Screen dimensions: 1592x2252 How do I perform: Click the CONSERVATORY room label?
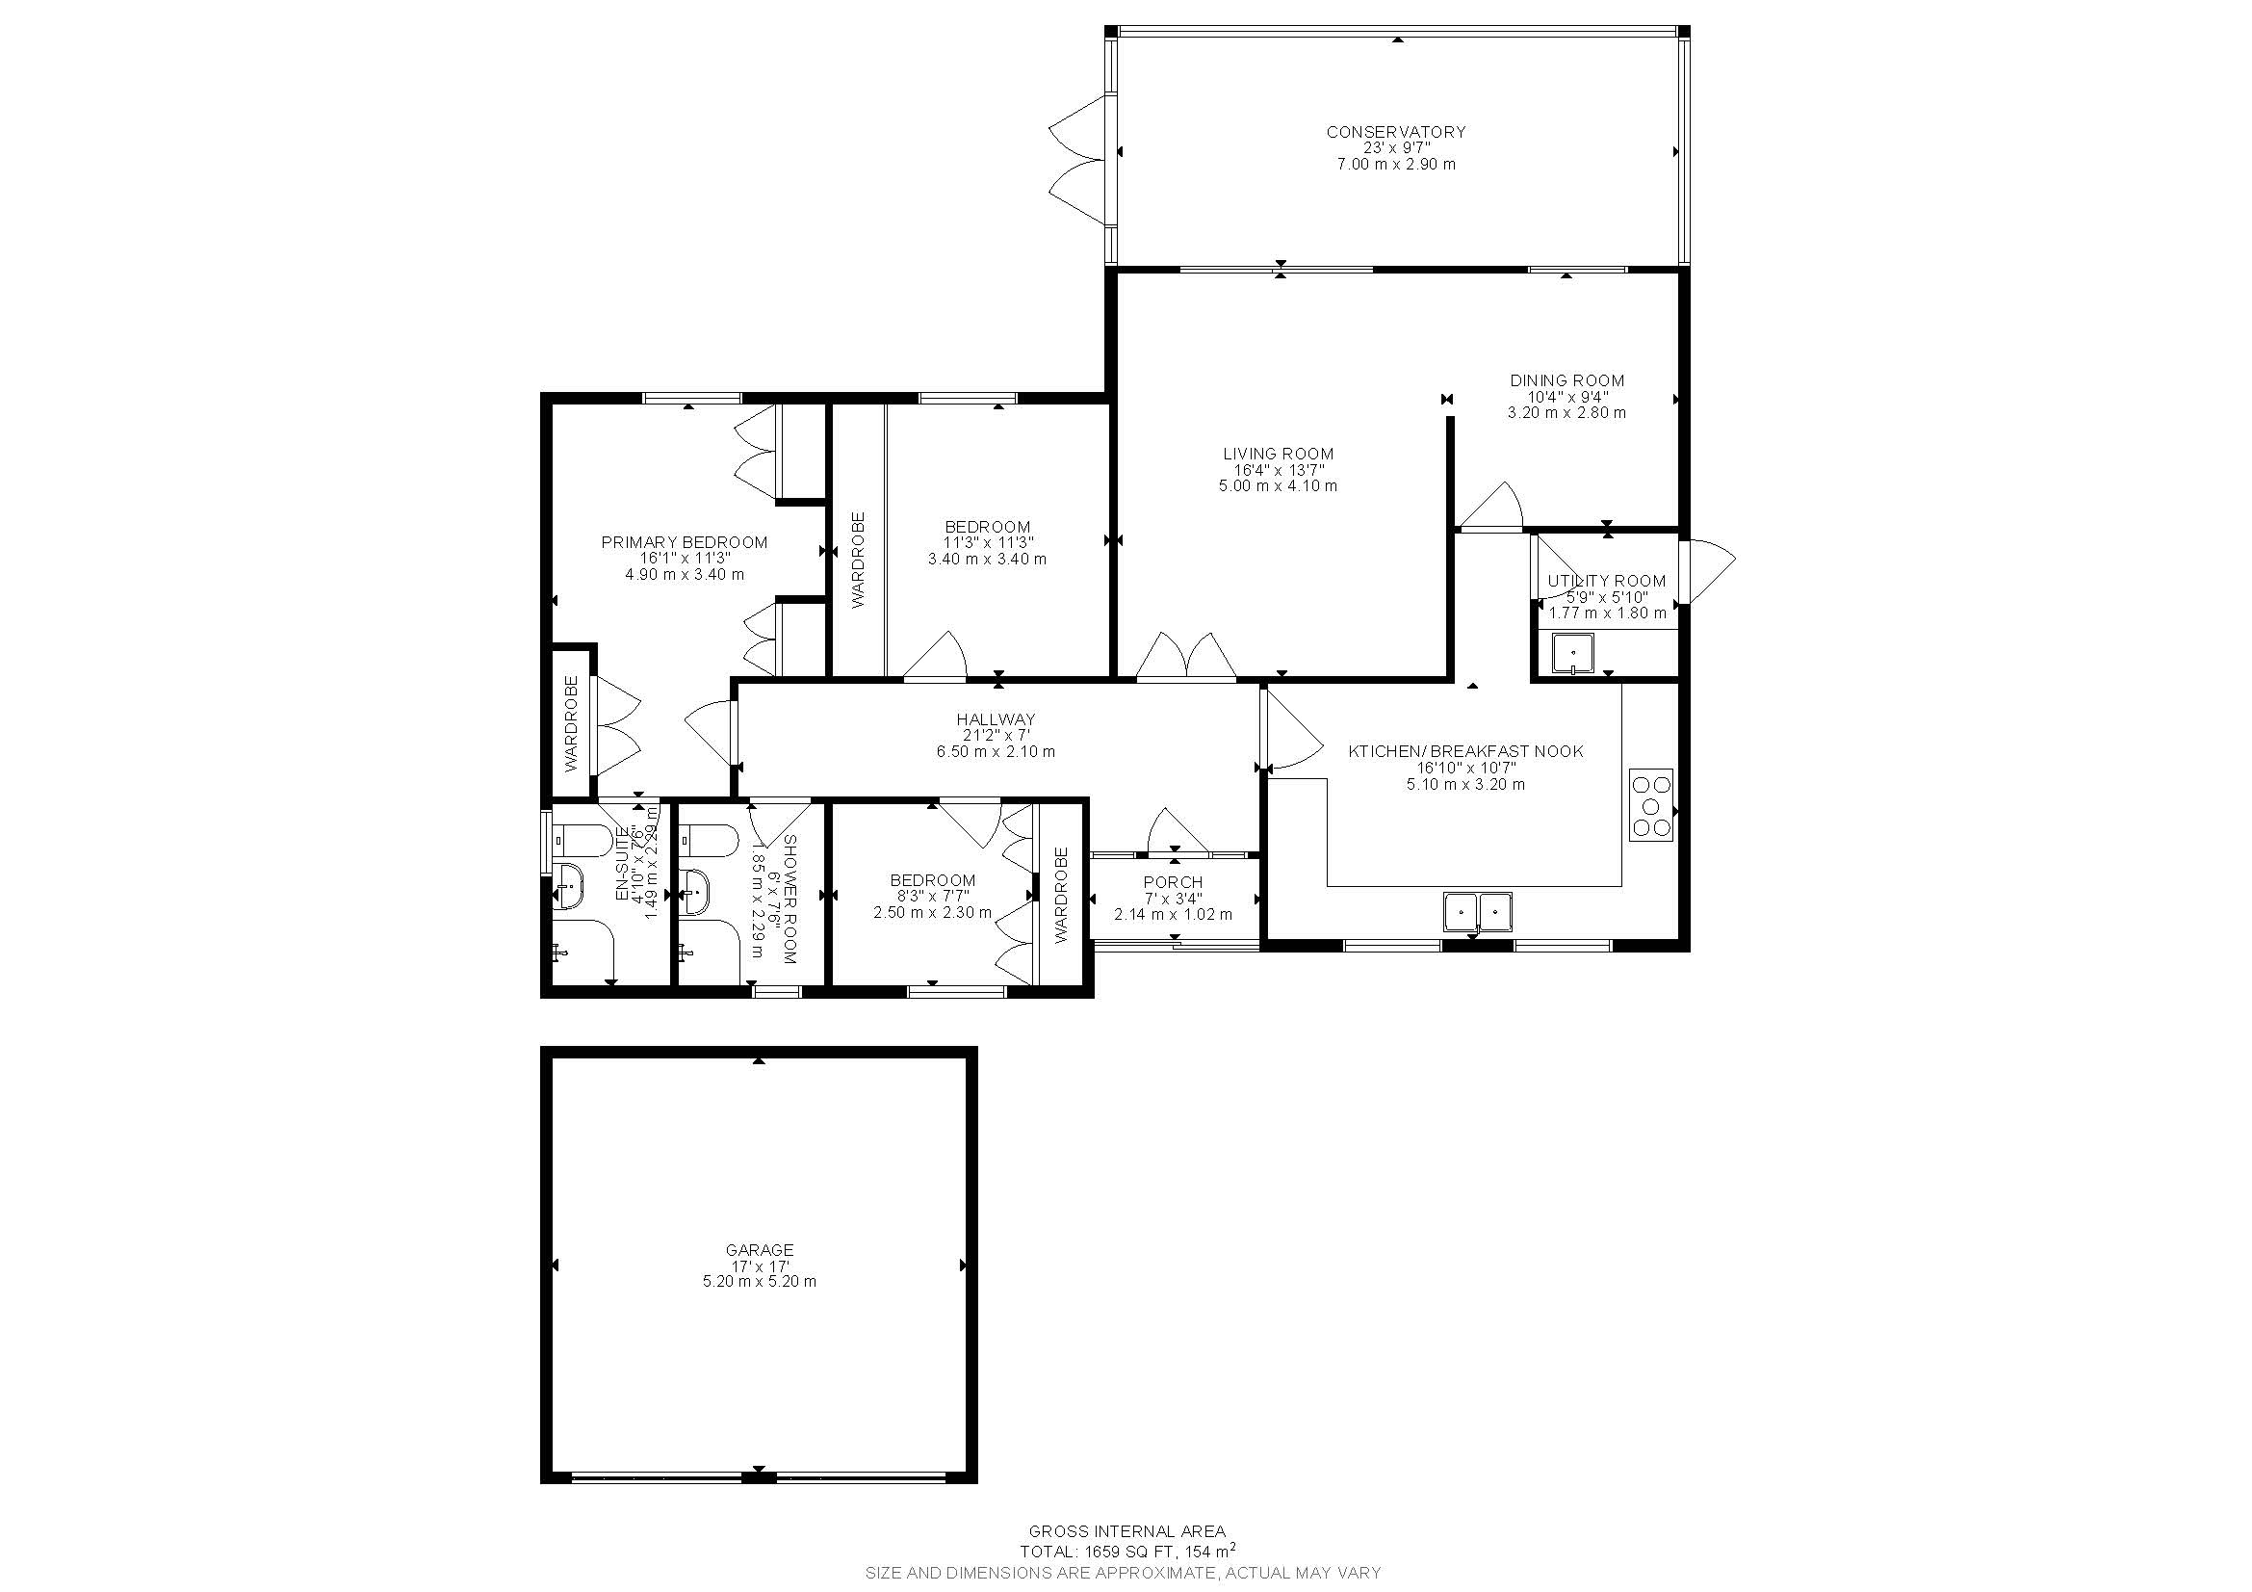pos(1396,131)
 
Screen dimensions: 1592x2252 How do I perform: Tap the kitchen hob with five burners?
pos(1650,805)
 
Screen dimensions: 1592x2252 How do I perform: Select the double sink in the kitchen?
pos(1476,911)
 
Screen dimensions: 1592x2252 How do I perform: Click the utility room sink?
pos(1572,653)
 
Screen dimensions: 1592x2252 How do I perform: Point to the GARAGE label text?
pos(759,1250)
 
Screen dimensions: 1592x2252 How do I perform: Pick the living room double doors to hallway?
pos(1186,657)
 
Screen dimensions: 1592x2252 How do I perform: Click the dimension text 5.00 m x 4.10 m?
pos(1278,485)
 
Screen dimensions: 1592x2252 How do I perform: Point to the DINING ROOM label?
pos(1566,380)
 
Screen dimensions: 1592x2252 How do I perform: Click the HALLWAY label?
pos(996,720)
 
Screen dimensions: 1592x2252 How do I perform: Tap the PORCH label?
pos(1172,883)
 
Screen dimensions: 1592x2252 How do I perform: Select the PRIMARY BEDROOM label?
pos(684,542)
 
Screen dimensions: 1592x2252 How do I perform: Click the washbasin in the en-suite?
pos(568,886)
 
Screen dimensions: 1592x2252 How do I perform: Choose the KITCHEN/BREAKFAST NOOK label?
pos(1465,751)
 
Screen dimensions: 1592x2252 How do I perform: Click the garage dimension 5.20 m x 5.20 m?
pos(759,1281)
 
